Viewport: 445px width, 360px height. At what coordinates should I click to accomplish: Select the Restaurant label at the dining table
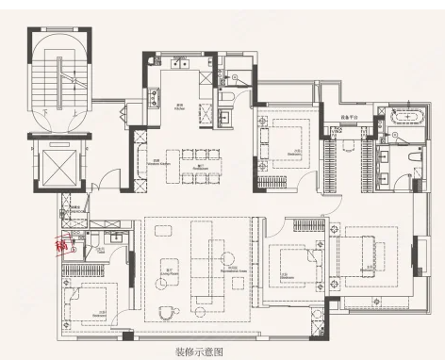point(199,170)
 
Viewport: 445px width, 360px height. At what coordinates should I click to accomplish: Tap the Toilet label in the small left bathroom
point(100,252)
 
